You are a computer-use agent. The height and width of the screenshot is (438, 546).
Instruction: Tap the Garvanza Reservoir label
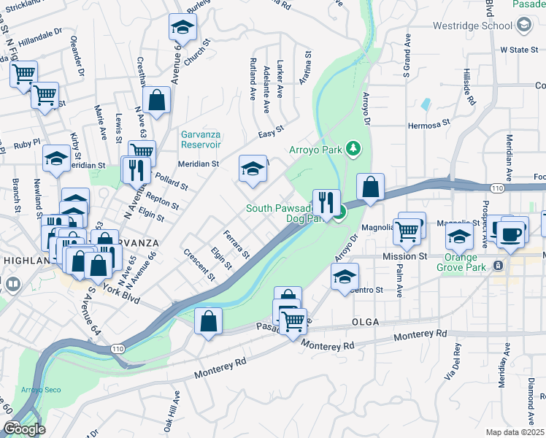pos(201,140)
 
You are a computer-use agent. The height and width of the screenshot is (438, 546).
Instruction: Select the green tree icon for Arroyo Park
pos(353,149)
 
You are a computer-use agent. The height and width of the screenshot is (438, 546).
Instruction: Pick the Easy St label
pos(271,134)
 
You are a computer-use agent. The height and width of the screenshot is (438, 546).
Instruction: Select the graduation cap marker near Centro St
pos(345,278)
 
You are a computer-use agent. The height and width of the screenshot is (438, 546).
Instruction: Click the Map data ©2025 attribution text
pos(514,432)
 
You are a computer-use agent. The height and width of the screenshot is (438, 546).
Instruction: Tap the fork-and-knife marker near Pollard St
pos(136,170)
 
